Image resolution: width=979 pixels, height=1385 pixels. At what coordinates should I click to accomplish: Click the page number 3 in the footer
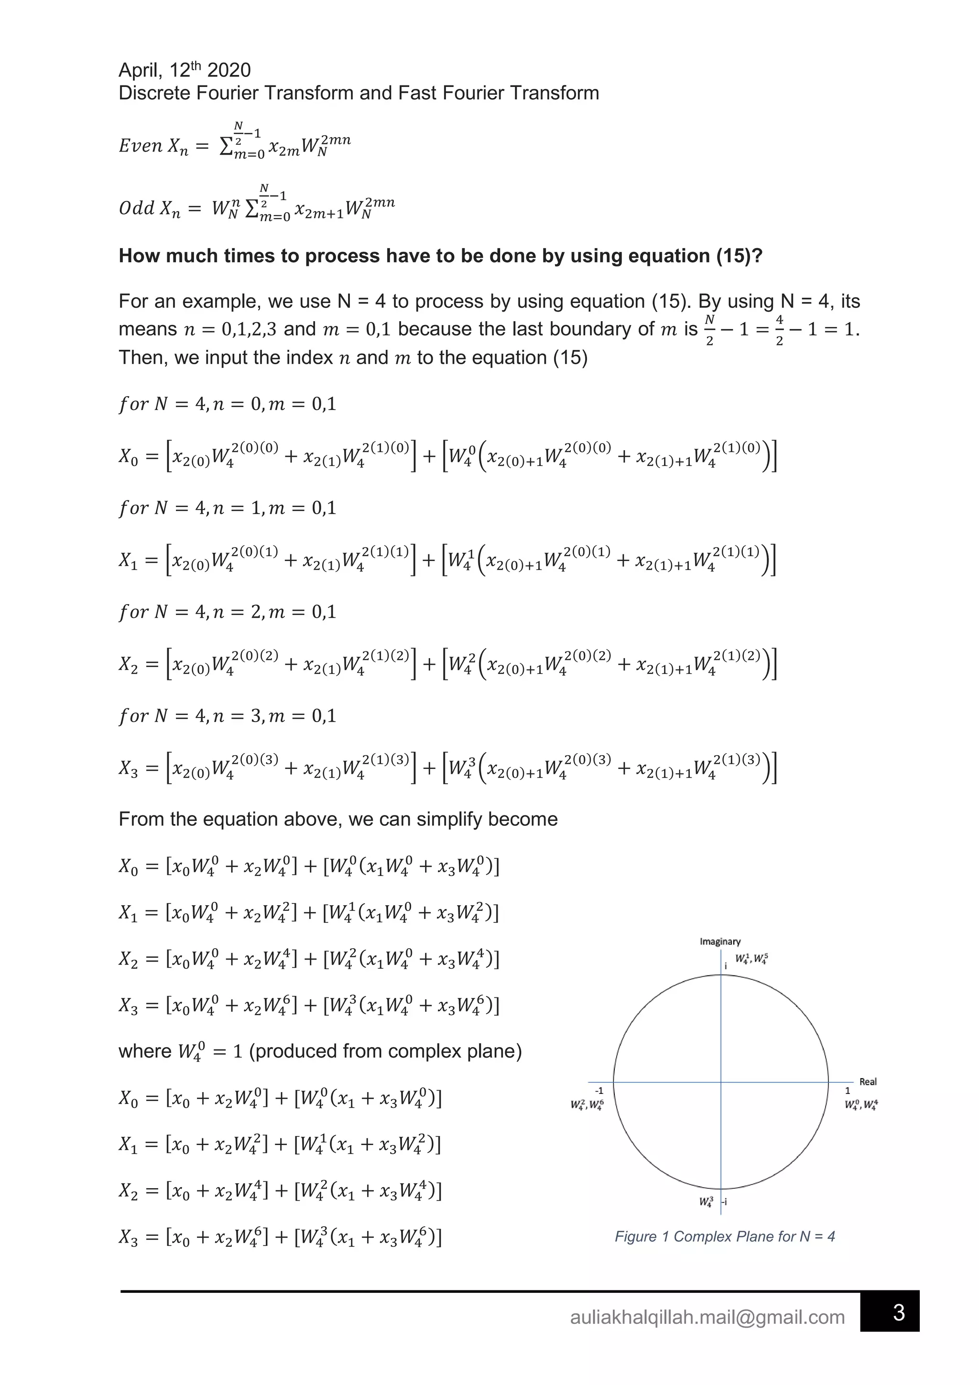click(x=898, y=1313)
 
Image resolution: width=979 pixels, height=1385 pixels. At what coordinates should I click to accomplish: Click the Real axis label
click(x=868, y=1082)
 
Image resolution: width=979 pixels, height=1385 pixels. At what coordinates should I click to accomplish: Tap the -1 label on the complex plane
click(x=598, y=1091)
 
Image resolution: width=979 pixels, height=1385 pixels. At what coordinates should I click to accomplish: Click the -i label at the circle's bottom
click(x=724, y=1201)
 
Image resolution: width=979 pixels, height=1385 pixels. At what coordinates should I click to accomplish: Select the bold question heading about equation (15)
click(x=440, y=256)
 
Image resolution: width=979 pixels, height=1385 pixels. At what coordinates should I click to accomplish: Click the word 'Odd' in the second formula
click(x=137, y=209)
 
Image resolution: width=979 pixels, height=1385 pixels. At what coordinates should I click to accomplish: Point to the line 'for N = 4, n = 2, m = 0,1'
click(x=228, y=612)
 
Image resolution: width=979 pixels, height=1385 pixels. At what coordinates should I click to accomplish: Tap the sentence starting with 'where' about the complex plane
click(x=320, y=1051)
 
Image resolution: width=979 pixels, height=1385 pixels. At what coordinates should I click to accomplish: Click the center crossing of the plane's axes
click(x=721, y=1082)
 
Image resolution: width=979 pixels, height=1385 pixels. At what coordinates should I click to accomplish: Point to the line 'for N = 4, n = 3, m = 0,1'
click(x=228, y=716)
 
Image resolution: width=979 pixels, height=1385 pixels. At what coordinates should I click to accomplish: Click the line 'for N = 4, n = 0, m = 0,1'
click(x=228, y=404)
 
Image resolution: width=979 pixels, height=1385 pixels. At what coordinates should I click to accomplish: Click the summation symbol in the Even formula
click(x=226, y=147)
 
